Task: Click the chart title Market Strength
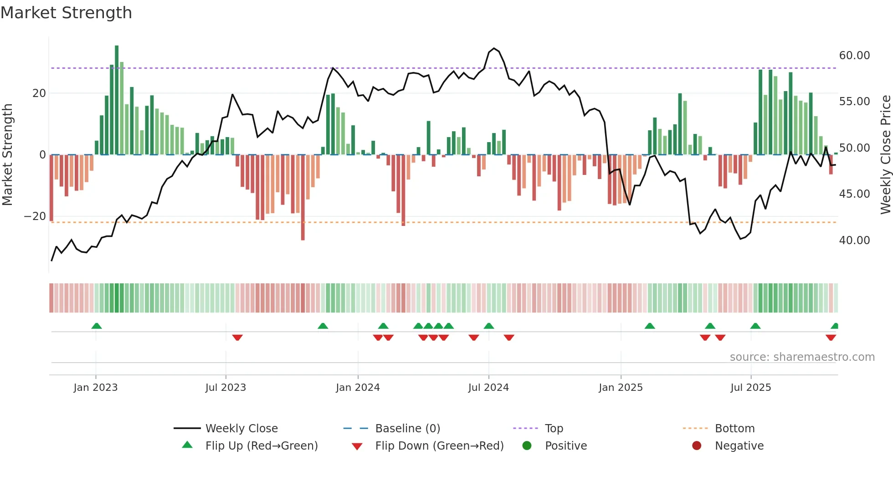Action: pyautogui.click(x=66, y=13)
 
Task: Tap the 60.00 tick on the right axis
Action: pyautogui.click(x=854, y=56)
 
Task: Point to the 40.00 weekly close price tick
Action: pyautogui.click(x=854, y=240)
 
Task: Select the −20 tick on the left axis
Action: pyautogui.click(x=35, y=216)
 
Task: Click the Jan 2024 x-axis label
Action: pyautogui.click(x=358, y=388)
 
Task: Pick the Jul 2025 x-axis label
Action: pyautogui.click(x=750, y=388)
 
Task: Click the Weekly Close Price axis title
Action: pyautogui.click(x=885, y=154)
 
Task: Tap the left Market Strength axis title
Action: pyautogui.click(x=7, y=154)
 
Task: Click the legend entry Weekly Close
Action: pyautogui.click(x=241, y=429)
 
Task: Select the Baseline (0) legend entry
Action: pyautogui.click(x=407, y=429)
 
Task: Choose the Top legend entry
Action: pyautogui.click(x=554, y=429)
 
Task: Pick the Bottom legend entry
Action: pyautogui.click(x=734, y=429)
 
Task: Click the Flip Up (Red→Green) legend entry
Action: pyautogui.click(x=261, y=446)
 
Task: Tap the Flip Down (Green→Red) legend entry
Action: pyautogui.click(x=439, y=446)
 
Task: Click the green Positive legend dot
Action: pyautogui.click(x=527, y=446)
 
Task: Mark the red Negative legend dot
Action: pyautogui.click(x=697, y=446)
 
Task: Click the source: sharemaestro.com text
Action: pyautogui.click(x=802, y=357)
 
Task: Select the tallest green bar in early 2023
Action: pyautogui.click(x=117, y=100)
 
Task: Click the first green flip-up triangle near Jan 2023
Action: pyautogui.click(x=97, y=326)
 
